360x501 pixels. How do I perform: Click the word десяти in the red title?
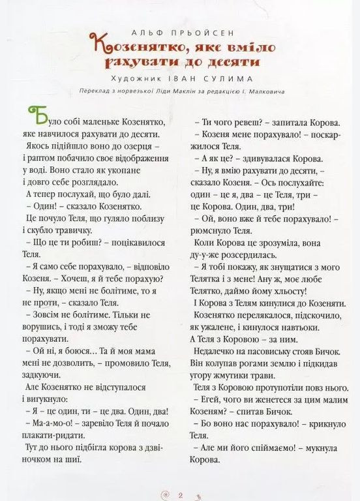pyautogui.click(x=228, y=62)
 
